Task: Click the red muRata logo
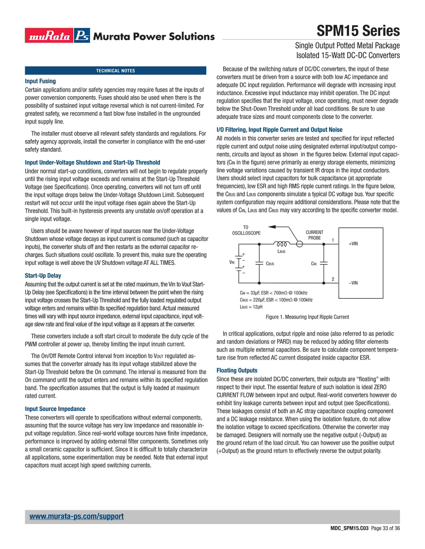[x=49, y=35]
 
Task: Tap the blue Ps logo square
[x=82, y=35]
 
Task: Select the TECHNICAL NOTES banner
[x=115, y=71]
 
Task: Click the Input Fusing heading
[x=40, y=81]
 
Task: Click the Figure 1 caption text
[x=307, y=317]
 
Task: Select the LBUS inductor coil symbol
[x=281, y=244]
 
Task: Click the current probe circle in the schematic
[x=299, y=244]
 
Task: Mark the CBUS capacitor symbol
[x=259, y=263]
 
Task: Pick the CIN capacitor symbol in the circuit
[x=324, y=263]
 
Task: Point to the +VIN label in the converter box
[x=353, y=244]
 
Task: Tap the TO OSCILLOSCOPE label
[x=246, y=230]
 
